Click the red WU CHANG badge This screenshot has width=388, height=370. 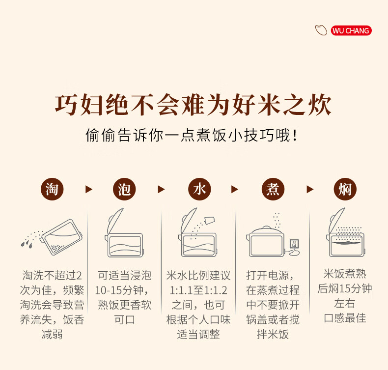tap(351, 30)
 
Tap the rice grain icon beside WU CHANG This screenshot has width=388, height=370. tap(321, 30)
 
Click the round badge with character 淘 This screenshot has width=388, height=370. tap(52, 189)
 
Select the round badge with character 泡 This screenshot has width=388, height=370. tap(124, 189)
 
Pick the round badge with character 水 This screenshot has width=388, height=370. tap(199, 189)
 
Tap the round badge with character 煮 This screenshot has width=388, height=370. tap(273, 189)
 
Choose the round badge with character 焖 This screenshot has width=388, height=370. tap(345, 189)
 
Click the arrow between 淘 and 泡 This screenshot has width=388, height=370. tap(88, 189)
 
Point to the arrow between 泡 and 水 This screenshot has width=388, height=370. tap(161, 189)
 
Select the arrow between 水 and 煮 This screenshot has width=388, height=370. tap(234, 189)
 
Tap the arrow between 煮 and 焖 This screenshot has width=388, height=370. tap(310, 189)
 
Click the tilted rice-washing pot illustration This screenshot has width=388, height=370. tap(61, 237)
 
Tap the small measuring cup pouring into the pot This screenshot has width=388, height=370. tap(209, 220)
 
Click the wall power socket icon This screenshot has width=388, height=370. tap(294, 244)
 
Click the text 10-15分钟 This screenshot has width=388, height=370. tap(122, 290)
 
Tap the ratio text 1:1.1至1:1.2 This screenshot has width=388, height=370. tap(198, 290)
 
